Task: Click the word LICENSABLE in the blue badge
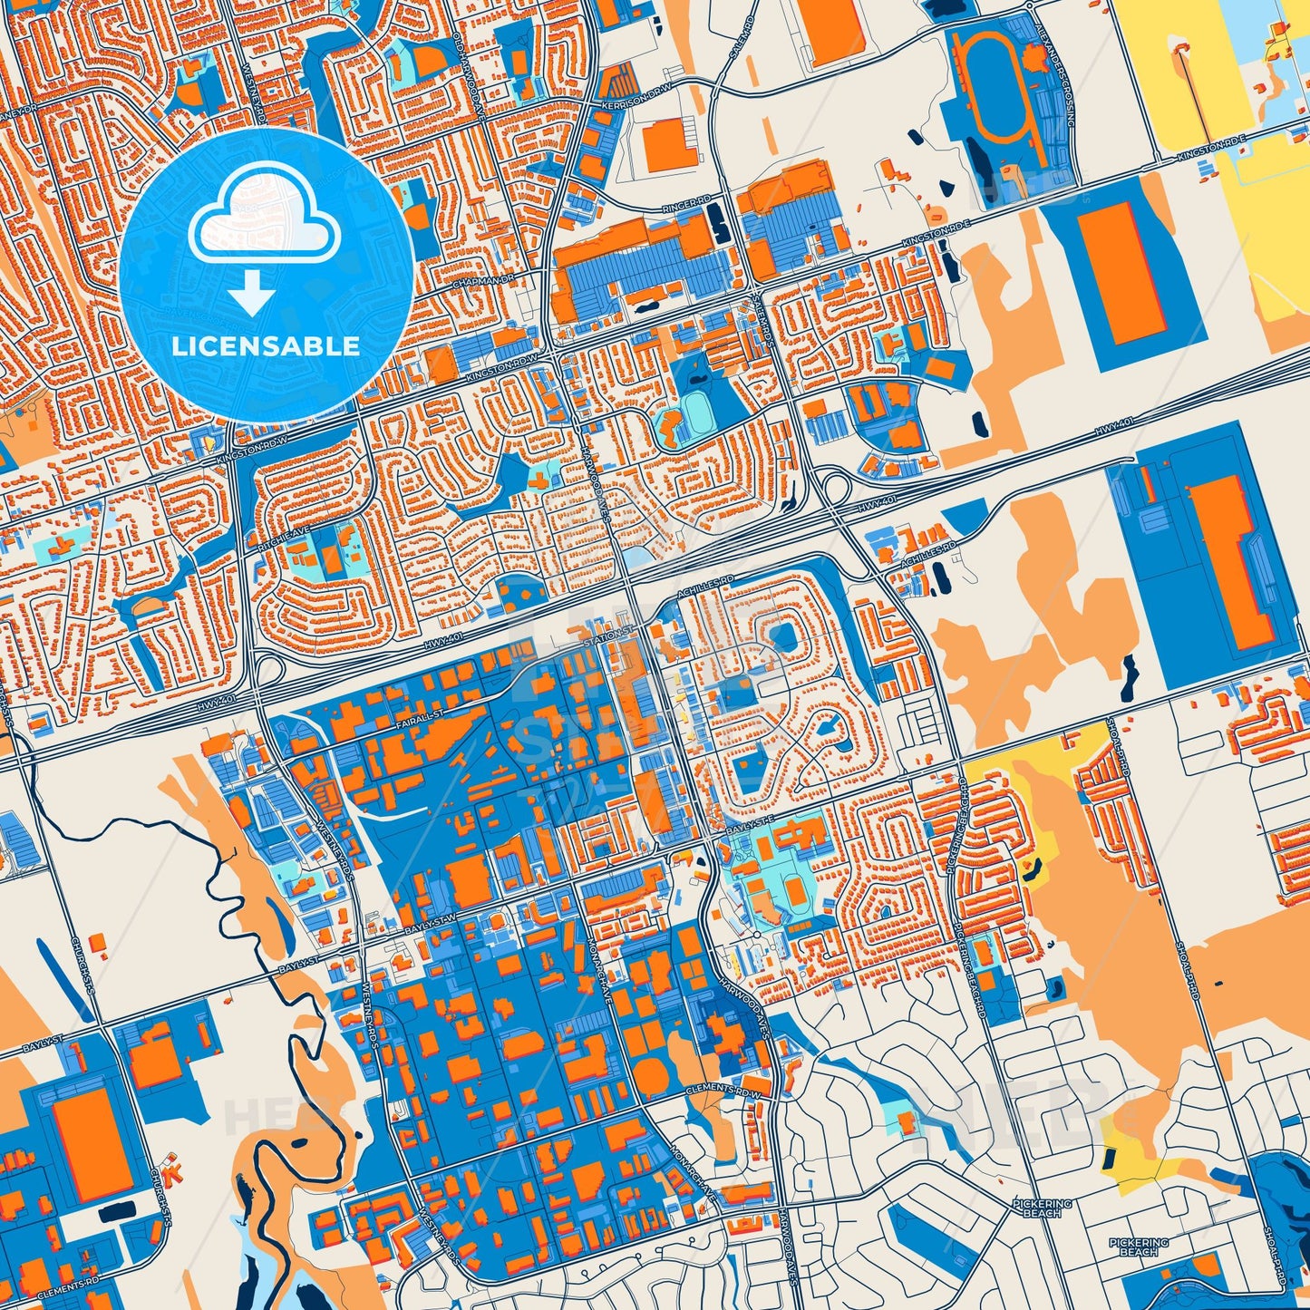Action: [x=267, y=346]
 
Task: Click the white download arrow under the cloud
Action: [x=253, y=295]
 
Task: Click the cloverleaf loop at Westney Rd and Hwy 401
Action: [x=268, y=672]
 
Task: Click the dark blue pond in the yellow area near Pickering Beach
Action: [x=1108, y=1157]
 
